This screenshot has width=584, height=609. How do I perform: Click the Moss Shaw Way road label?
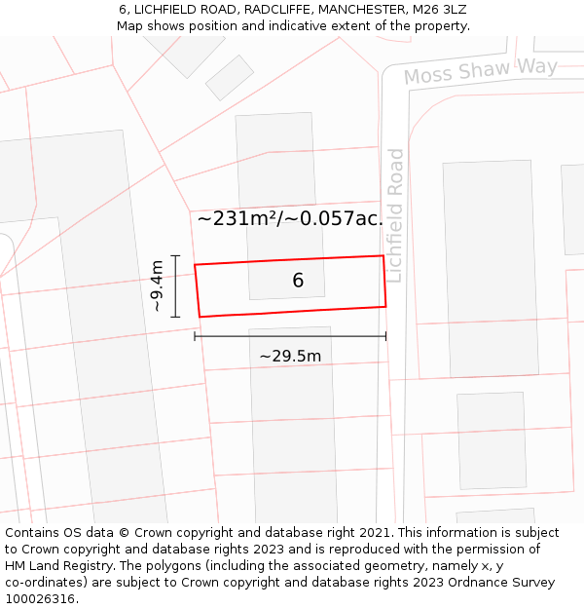tap(481, 70)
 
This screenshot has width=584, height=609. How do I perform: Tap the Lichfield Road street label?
tap(394, 215)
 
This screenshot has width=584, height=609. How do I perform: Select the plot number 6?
tap(298, 281)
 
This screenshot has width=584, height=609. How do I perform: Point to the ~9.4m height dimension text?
tap(158, 285)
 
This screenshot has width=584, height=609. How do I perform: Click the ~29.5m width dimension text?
tap(290, 357)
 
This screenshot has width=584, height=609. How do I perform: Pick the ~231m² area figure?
tap(237, 218)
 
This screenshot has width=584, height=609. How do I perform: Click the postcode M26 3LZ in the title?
tap(439, 9)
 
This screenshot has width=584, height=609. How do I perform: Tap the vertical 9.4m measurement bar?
tap(175, 285)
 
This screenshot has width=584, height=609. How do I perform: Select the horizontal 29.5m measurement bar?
tap(290, 336)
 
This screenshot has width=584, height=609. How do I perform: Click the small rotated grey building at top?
tap(230, 77)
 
